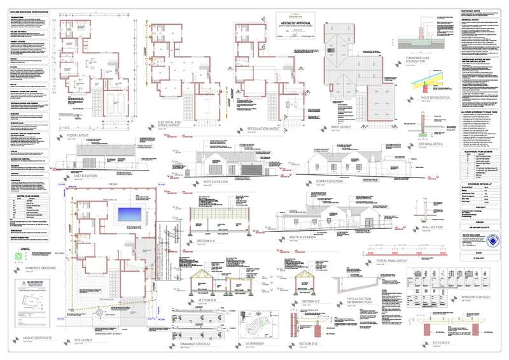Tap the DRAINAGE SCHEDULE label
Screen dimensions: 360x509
[183, 342]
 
